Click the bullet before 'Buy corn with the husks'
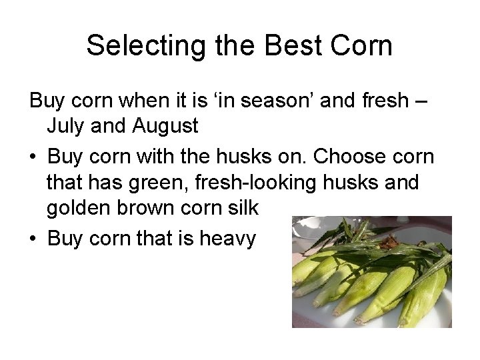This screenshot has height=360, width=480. pos(33,157)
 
